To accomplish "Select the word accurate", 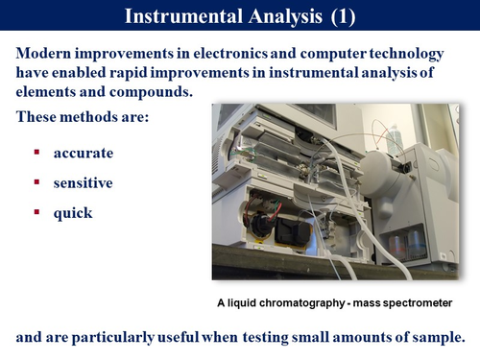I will click(x=84, y=153).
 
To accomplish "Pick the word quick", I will click(x=74, y=212).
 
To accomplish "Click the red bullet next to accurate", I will click(x=36, y=153).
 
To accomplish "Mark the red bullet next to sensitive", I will click(x=36, y=182).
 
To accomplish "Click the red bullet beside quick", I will click(x=36, y=212).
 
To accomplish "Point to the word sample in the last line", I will click(x=437, y=338).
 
